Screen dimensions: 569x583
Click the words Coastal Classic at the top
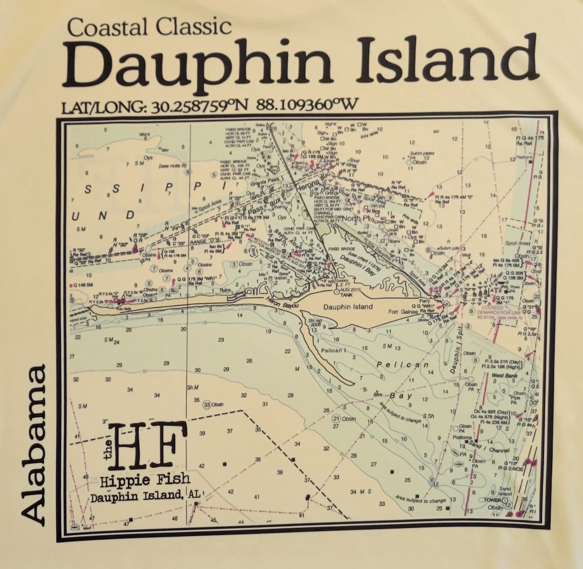click(149, 27)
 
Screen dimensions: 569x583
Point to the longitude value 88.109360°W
click(307, 105)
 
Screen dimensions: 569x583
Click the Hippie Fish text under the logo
click(145, 480)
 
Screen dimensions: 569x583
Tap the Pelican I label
click(334, 350)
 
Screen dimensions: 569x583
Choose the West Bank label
click(504, 376)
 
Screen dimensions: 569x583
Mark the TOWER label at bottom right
click(492, 500)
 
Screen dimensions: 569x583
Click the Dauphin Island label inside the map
click(348, 307)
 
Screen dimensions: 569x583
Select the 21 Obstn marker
click(345, 419)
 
